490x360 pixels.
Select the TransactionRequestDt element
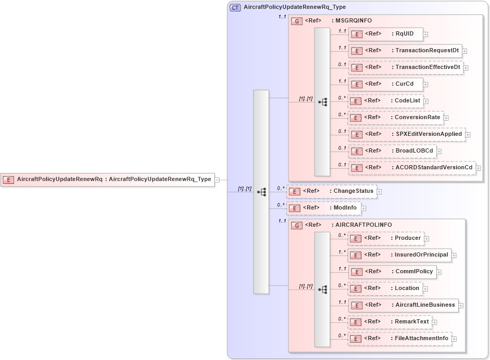405,51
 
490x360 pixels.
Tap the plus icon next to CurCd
426,84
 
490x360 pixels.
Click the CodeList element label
407,100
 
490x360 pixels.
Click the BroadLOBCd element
392,151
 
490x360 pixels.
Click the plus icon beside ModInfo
364,208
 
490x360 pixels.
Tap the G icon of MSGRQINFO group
297,21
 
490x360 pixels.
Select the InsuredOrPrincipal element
400,255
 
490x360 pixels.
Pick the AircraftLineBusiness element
403,305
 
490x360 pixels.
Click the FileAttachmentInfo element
400,339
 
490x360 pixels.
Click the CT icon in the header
236,7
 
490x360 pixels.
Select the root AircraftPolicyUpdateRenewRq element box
107,179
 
